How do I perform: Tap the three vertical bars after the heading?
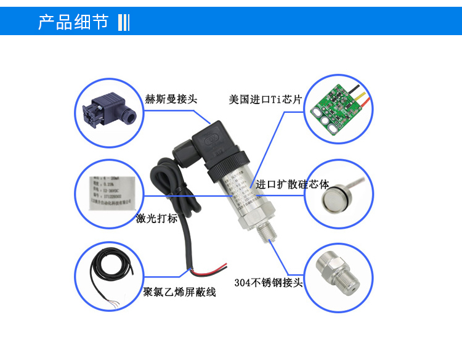(x=123, y=22)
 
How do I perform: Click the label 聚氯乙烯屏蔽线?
(x=179, y=292)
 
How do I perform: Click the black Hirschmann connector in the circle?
(x=107, y=110)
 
